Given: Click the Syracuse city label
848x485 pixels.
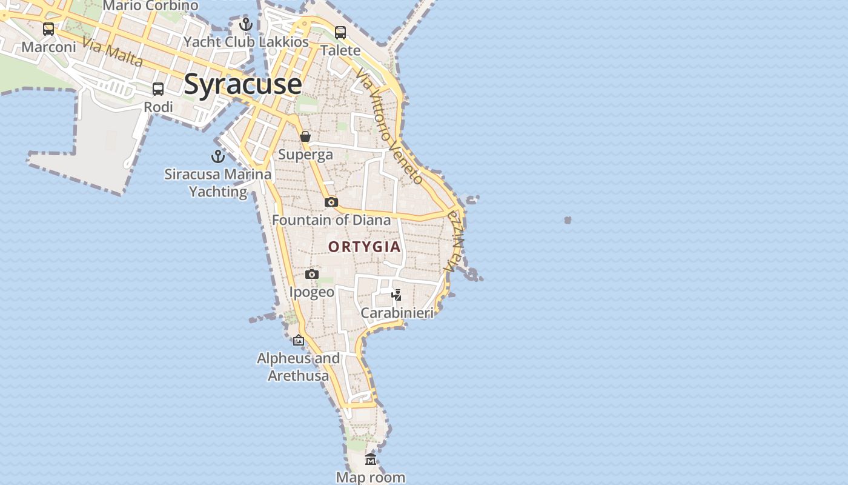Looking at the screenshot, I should (x=242, y=84).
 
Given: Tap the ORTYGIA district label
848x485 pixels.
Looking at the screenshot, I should (x=365, y=247).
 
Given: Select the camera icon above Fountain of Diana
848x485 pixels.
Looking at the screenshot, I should (x=331, y=202).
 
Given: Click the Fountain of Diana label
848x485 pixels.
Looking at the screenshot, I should (x=331, y=219).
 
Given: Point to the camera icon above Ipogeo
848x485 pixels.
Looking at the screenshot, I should (x=311, y=274).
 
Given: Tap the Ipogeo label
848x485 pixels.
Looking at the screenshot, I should (x=311, y=292).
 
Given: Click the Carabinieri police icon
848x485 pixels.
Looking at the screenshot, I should (x=397, y=295).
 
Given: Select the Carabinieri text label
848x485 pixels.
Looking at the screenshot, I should (x=397, y=313).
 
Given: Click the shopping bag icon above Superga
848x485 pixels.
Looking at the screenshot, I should (x=305, y=137).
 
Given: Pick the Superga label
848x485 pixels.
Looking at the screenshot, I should (x=305, y=155).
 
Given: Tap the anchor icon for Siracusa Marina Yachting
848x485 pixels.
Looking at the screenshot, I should (x=217, y=156).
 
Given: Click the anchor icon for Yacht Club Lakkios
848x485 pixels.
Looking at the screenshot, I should (x=245, y=24).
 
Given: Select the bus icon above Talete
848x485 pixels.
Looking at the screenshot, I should (x=340, y=33).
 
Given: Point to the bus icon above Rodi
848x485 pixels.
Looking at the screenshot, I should (x=158, y=89).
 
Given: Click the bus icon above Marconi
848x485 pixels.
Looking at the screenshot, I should (x=48, y=28).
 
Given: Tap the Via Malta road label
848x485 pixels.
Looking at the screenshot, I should (x=113, y=52).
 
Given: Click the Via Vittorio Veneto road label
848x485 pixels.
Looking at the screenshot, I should (x=389, y=126).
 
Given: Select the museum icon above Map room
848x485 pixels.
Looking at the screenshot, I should (x=371, y=459).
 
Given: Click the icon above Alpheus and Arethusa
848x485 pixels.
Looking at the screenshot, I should (x=299, y=340).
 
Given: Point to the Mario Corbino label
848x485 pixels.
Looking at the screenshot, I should (x=150, y=6).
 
